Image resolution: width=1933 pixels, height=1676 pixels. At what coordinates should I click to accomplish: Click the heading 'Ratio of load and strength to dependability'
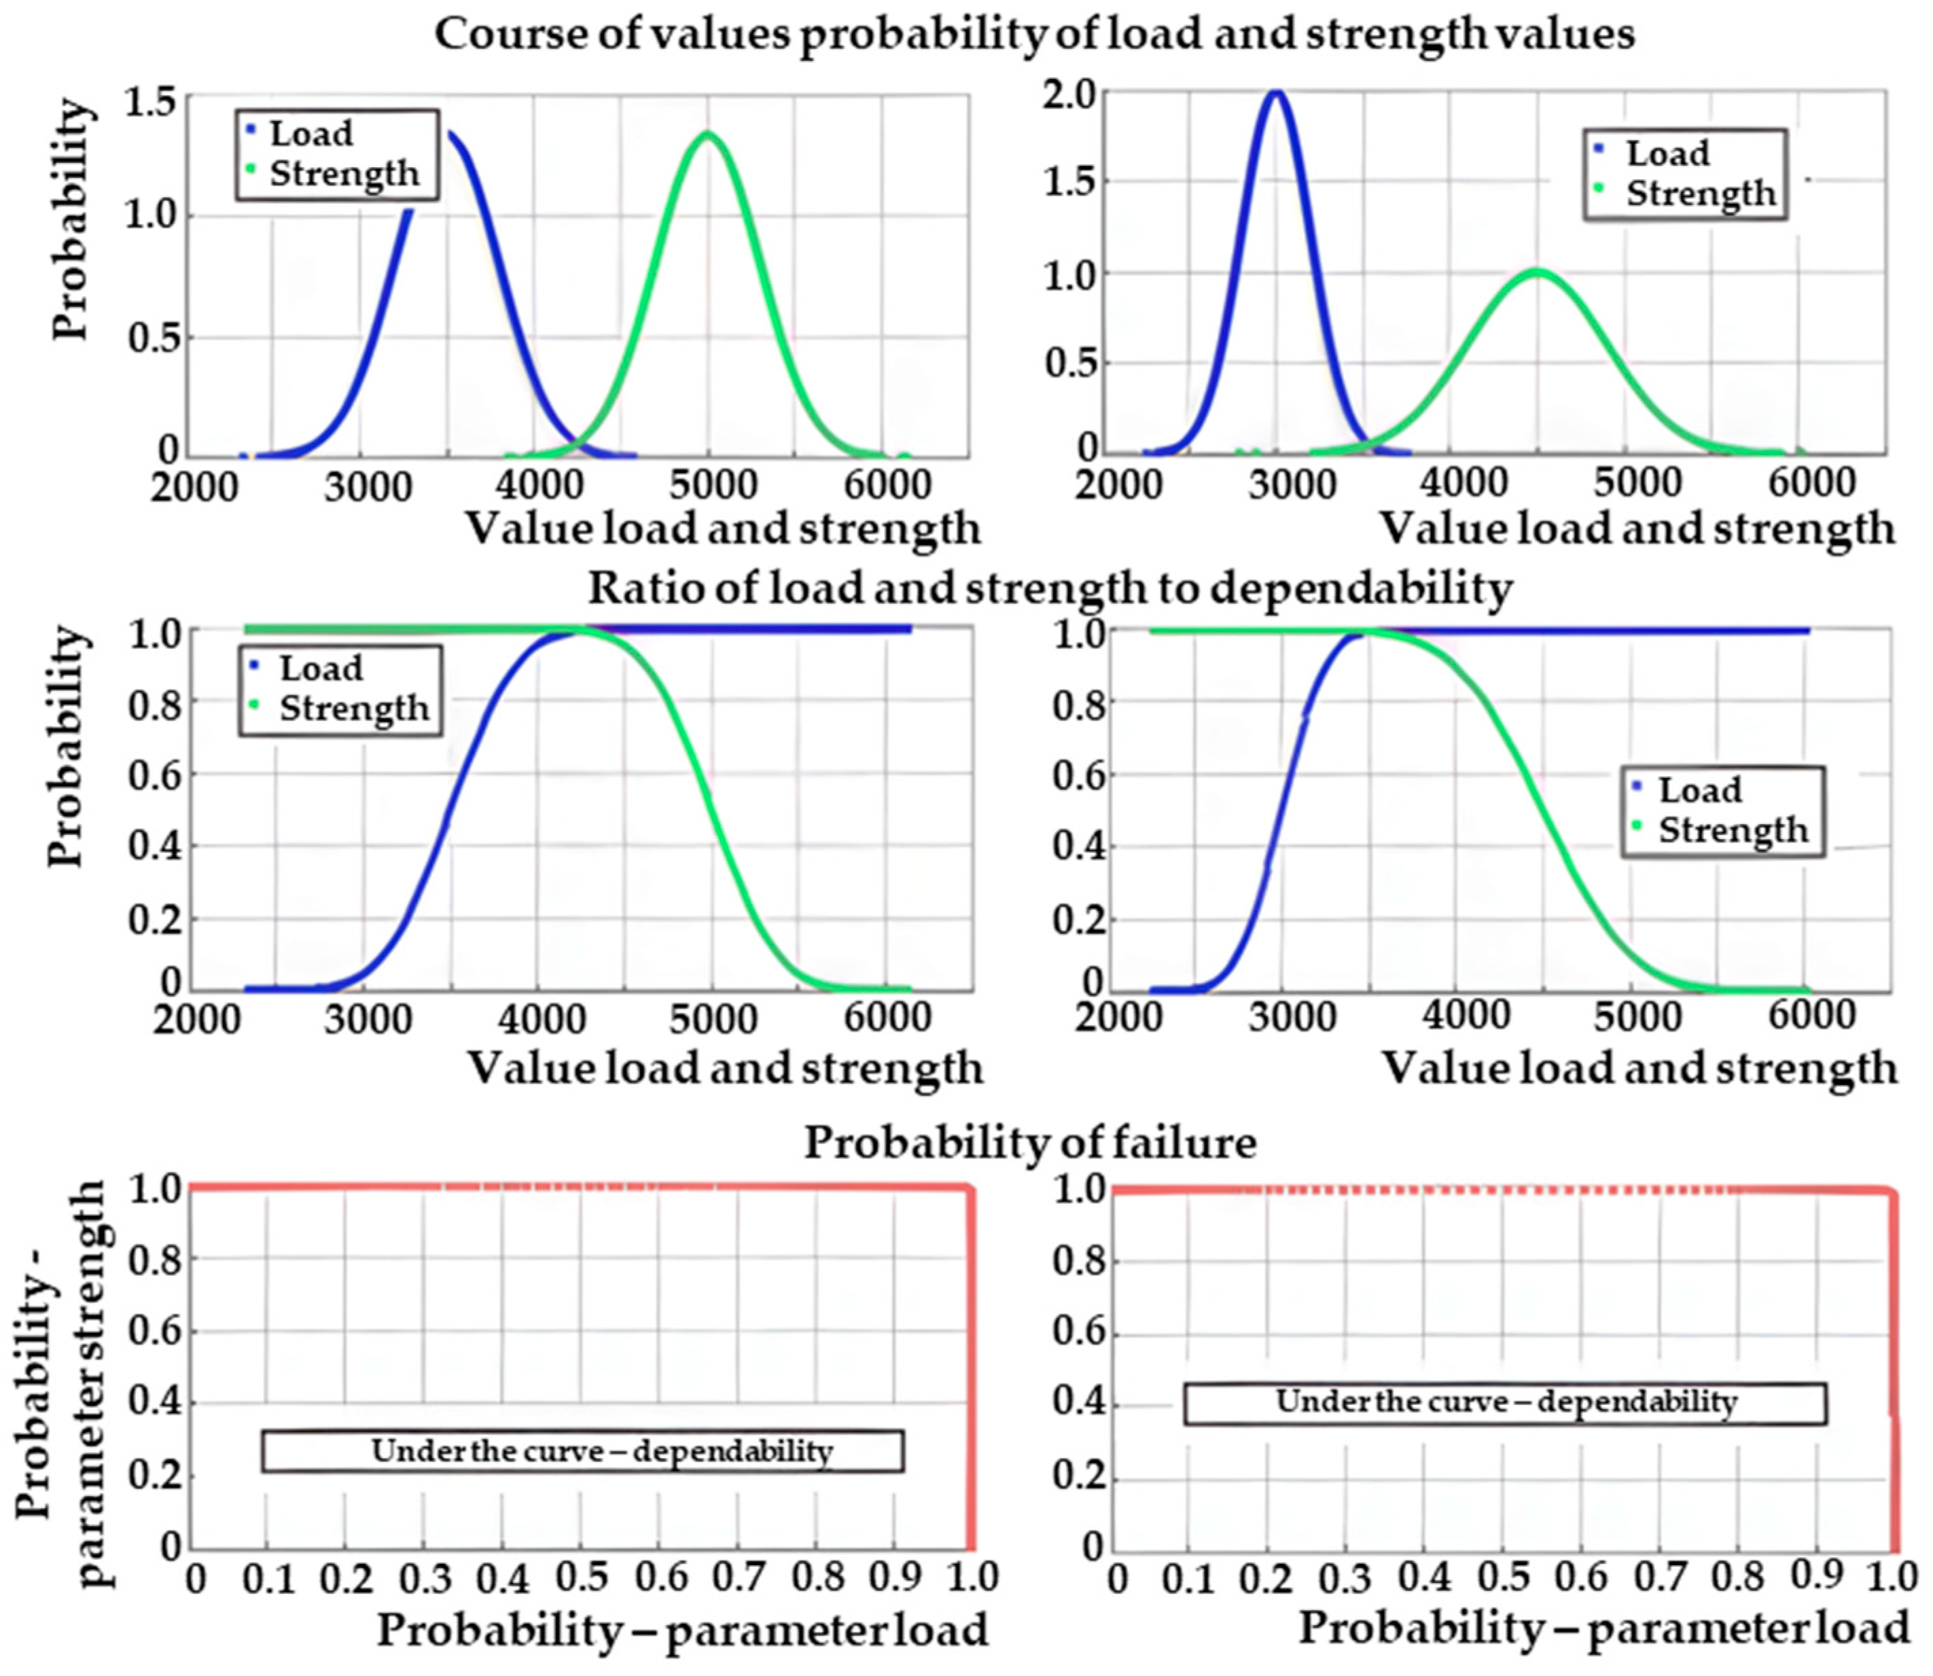click(1049, 588)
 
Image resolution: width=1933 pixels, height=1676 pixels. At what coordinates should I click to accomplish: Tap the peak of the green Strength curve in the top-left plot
click(708, 134)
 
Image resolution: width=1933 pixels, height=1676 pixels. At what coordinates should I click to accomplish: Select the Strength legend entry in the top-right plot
click(1699, 194)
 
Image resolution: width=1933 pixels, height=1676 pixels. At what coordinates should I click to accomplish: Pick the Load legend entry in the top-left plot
click(311, 134)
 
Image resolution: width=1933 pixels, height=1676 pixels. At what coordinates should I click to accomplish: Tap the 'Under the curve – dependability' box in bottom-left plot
click(582, 1450)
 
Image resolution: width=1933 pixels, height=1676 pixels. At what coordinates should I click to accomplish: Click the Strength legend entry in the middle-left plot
click(353, 708)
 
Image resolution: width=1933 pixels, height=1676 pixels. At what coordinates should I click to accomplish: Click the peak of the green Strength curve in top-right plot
click(1536, 272)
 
